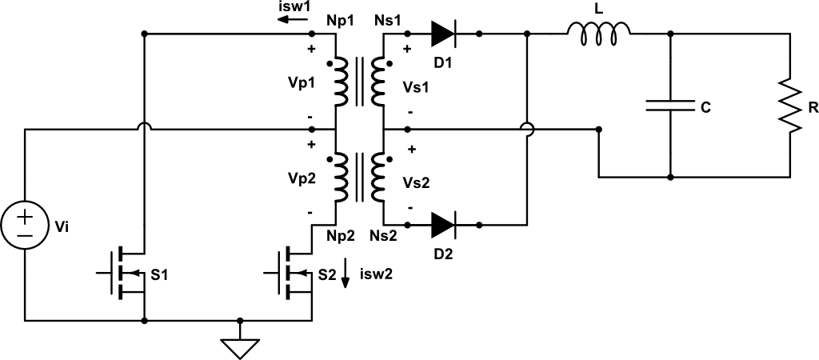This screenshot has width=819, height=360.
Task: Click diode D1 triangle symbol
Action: (443, 34)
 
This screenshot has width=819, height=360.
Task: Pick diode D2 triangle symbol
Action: (443, 224)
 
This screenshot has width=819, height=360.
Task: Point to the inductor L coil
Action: (599, 31)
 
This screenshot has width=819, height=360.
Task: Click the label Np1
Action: (340, 21)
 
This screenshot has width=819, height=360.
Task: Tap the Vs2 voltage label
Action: (416, 182)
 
